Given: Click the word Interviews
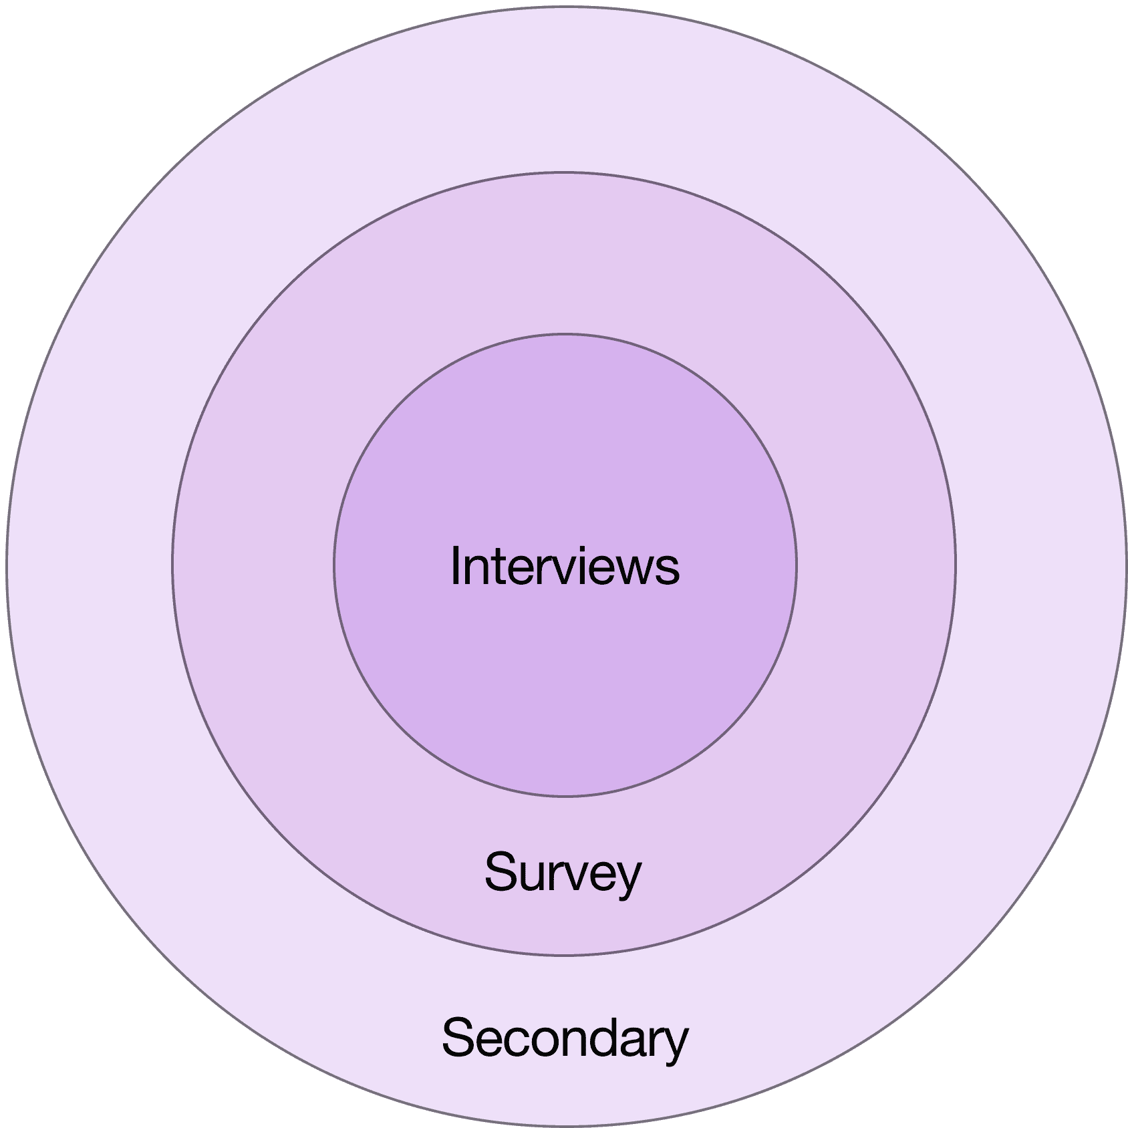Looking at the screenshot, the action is pyautogui.click(x=565, y=566).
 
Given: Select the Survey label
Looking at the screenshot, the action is pyautogui.click(x=563, y=872).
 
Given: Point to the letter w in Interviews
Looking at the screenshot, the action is pyautogui.click(x=639, y=570).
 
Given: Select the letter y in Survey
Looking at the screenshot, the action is pyautogui.click(x=627, y=879).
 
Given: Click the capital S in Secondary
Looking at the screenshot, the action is pyautogui.click(x=457, y=1038).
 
